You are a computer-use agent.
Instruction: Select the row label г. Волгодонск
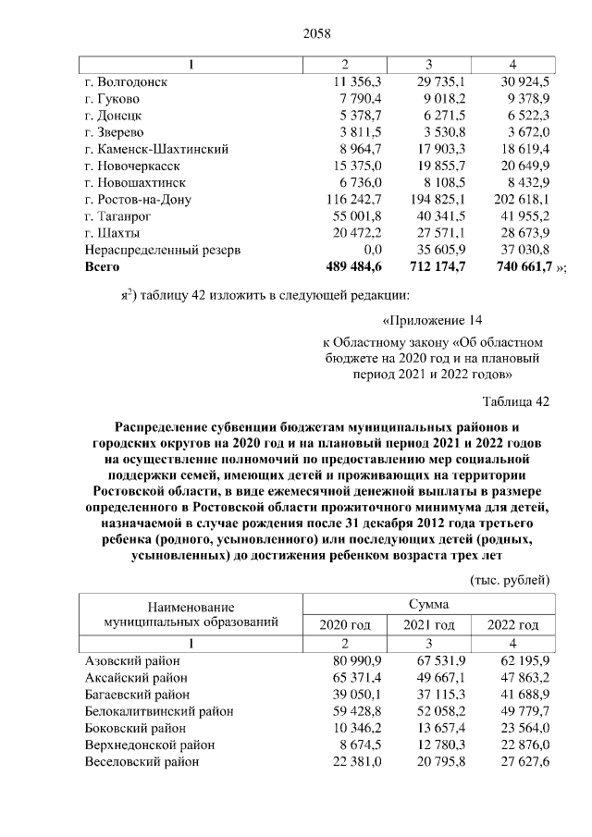coord(126,81)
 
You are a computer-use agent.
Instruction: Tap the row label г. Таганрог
coord(117,215)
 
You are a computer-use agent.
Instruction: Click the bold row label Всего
coord(102,266)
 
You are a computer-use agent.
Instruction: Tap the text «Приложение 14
coord(435,321)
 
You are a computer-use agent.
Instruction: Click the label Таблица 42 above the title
coord(516,400)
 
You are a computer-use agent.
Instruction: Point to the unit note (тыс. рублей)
coord(512,579)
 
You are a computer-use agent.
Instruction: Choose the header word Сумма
coord(429,603)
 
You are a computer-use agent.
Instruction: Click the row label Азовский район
coord(132,661)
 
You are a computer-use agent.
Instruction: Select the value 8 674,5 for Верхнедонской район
coord(351,745)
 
